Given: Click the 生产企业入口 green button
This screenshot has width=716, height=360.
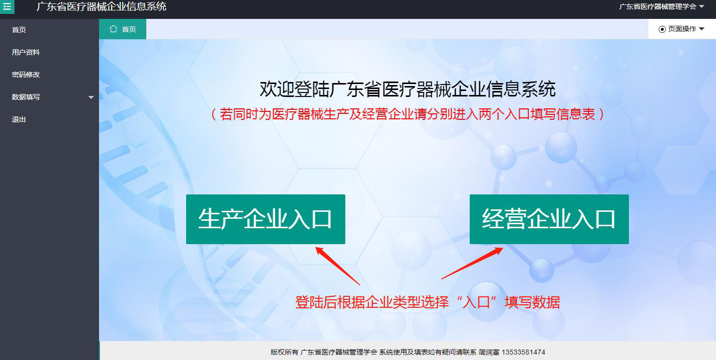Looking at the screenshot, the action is [x=266, y=219].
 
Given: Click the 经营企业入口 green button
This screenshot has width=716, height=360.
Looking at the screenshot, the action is [x=549, y=219].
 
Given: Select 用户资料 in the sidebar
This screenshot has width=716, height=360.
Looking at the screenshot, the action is [x=25, y=52].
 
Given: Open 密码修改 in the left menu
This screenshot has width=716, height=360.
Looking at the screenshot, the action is [x=25, y=75].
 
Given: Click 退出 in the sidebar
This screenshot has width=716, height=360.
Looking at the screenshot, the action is [x=18, y=119].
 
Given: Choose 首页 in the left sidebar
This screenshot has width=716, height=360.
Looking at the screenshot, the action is [x=18, y=30].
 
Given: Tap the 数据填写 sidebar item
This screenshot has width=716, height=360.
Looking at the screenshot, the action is [x=25, y=97].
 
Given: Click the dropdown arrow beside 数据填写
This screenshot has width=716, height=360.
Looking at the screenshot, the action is [x=91, y=97].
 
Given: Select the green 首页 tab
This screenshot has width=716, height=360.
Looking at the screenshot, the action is [x=123, y=29].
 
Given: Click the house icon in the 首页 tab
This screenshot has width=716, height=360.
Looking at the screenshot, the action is [x=113, y=29].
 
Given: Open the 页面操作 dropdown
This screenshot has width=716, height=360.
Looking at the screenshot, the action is [x=682, y=29].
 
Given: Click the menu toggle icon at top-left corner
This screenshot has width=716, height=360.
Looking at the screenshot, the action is [x=7, y=6].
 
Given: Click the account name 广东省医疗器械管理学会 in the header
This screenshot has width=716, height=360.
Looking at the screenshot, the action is [x=657, y=6].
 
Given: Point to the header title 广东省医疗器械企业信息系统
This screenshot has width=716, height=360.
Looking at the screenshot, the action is [x=102, y=6].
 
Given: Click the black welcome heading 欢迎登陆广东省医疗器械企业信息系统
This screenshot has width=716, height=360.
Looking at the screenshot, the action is [x=408, y=89].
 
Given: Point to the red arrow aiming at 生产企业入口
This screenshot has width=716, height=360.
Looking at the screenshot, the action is [x=337, y=266].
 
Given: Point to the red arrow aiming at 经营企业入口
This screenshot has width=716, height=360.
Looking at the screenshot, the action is [x=472, y=263].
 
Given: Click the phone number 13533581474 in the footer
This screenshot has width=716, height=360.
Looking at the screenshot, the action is [x=523, y=352].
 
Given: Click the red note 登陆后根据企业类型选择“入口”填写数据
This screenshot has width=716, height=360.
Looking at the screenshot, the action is [x=428, y=302].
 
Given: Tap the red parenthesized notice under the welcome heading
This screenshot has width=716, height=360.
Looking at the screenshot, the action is [x=408, y=114].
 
